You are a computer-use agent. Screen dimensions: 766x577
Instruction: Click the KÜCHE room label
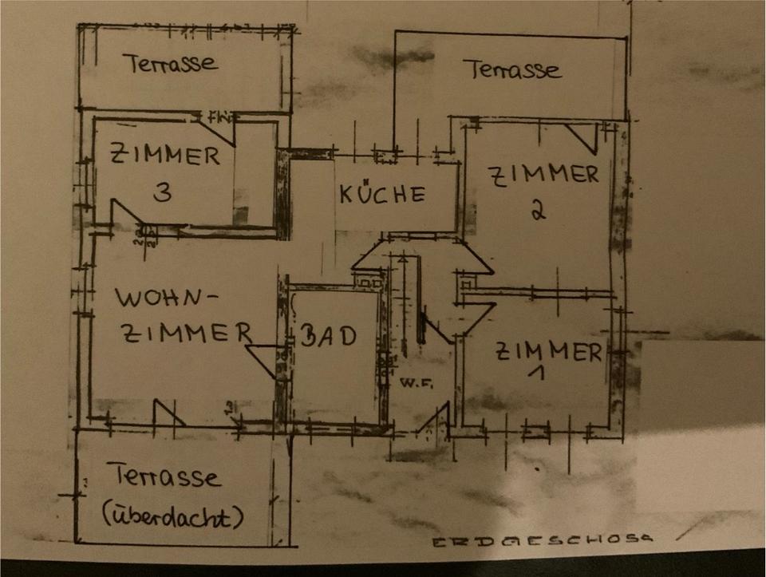(x=381, y=194)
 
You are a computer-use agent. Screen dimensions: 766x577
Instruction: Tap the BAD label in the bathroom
(x=327, y=336)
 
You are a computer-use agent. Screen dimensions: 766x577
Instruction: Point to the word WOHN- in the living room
(x=166, y=299)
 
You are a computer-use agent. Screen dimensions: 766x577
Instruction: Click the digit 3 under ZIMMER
(x=161, y=193)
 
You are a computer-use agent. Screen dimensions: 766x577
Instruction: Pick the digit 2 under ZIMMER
(x=537, y=210)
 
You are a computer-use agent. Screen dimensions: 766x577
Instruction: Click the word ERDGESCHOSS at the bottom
(x=543, y=541)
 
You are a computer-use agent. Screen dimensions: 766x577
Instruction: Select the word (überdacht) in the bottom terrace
(x=172, y=517)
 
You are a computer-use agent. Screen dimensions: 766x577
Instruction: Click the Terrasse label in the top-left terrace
(x=170, y=63)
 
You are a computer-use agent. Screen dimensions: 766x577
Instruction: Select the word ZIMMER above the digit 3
(x=164, y=155)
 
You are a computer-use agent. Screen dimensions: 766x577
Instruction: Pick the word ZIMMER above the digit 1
(x=549, y=351)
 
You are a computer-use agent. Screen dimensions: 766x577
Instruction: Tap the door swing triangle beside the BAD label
(x=262, y=355)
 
